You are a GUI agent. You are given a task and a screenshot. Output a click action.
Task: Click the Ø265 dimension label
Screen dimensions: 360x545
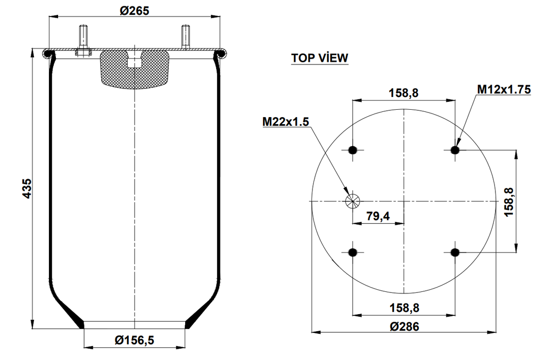tap(134, 10)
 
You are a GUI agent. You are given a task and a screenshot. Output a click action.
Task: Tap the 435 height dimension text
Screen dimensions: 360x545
tap(27, 189)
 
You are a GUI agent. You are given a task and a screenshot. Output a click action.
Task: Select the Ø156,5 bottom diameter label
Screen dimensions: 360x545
tap(135, 339)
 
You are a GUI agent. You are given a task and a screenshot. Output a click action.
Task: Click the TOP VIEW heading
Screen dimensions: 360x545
tap(319, 58)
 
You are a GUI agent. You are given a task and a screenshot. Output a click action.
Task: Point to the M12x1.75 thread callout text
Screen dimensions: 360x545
tap(503, 89)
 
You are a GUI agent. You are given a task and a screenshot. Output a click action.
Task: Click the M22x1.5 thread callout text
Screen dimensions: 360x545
tap(285, 122)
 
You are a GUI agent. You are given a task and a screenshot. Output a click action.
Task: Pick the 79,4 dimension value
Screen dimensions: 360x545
tap(378, 216)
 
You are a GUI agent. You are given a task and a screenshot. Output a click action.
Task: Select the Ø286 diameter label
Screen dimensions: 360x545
tap(404, 326)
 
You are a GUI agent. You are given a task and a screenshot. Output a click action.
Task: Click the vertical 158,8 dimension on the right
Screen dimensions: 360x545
tap(509, 201)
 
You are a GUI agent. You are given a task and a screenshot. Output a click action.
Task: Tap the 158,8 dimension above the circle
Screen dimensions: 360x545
tap(403, 93)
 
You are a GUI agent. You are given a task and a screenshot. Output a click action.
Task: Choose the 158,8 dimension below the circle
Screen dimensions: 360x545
tap(403, 307)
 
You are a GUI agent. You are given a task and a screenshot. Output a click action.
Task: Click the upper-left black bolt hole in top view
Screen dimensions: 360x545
tap(352, 150)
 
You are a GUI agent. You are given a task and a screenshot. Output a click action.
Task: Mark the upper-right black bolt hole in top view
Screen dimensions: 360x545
tap(455, 150)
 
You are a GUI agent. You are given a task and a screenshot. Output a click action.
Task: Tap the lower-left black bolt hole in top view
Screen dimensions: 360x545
tap(352, 252)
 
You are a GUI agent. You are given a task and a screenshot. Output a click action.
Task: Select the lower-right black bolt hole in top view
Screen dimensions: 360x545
tap(455, 252)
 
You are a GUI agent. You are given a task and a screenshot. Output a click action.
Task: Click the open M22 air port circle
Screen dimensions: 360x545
tap(352, 201)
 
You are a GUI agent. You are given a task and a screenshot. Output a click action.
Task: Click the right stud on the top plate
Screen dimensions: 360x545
tap(185, 37)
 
